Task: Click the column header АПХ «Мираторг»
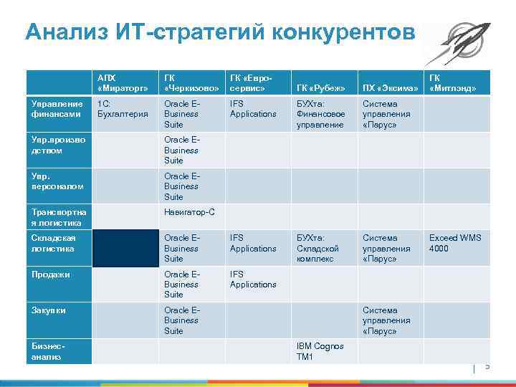pos(118,82)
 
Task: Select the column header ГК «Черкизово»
pos(191,82)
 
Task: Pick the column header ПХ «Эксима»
pos(389,88)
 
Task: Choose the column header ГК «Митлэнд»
pos(453,82)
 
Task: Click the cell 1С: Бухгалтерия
pos(122,109)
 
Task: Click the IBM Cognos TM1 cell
pos(320,351)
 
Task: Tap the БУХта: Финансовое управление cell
pos(320,114)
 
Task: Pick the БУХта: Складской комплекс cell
pos(320,248)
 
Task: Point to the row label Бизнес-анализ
pos(47,351)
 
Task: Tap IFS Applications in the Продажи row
pos(252,279)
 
